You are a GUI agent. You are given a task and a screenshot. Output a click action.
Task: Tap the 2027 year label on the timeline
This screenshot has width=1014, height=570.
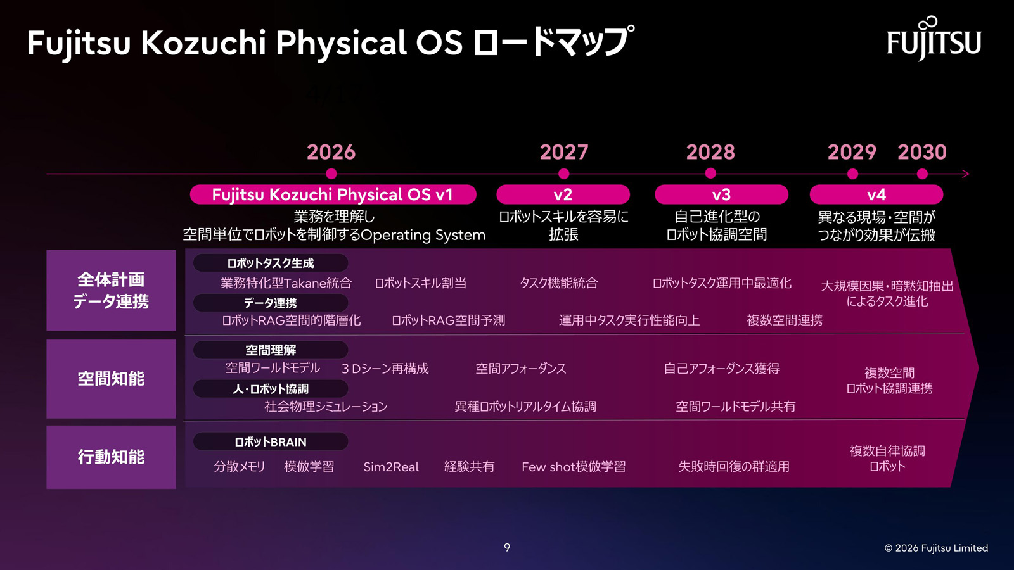coord(564,152)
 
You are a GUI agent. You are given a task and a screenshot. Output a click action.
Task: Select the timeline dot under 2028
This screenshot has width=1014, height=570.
coord(710,174)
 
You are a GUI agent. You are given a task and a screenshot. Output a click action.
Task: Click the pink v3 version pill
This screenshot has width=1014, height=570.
coord(721,194)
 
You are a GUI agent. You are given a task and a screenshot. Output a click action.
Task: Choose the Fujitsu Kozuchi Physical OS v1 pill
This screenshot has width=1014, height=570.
coord(333,194)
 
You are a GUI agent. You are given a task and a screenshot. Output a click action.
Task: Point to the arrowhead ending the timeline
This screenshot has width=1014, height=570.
coord(966,174)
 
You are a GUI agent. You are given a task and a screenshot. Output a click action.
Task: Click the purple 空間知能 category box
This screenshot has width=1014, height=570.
coord(112,379)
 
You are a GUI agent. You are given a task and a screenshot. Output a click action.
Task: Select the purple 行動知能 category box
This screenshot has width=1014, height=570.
coord(112,457)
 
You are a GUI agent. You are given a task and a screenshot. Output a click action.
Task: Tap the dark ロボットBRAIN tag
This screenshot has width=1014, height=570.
coord(270,441)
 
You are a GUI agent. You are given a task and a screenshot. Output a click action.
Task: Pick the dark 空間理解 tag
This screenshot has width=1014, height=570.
coord(270,350)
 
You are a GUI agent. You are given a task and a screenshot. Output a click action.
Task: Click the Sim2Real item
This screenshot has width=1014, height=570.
coord(391,467)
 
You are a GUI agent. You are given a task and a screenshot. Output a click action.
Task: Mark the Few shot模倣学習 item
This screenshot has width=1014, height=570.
coord(574,467)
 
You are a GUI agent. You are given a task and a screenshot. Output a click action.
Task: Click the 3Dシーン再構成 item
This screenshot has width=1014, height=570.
coord(385,369)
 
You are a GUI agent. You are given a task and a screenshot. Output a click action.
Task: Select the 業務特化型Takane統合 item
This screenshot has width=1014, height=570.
coord(286,283)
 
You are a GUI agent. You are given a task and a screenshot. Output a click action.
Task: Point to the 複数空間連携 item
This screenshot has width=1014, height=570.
coord(785,320)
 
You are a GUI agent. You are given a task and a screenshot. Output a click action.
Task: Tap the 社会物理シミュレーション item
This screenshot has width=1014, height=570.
coord(326,406)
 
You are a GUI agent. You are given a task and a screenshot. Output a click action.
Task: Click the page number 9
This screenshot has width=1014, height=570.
coord(507,547)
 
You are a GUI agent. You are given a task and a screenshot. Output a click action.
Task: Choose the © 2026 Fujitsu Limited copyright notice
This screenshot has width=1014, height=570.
coord(936,548)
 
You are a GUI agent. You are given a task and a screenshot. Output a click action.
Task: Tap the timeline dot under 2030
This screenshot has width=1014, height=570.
coord(922,174)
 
